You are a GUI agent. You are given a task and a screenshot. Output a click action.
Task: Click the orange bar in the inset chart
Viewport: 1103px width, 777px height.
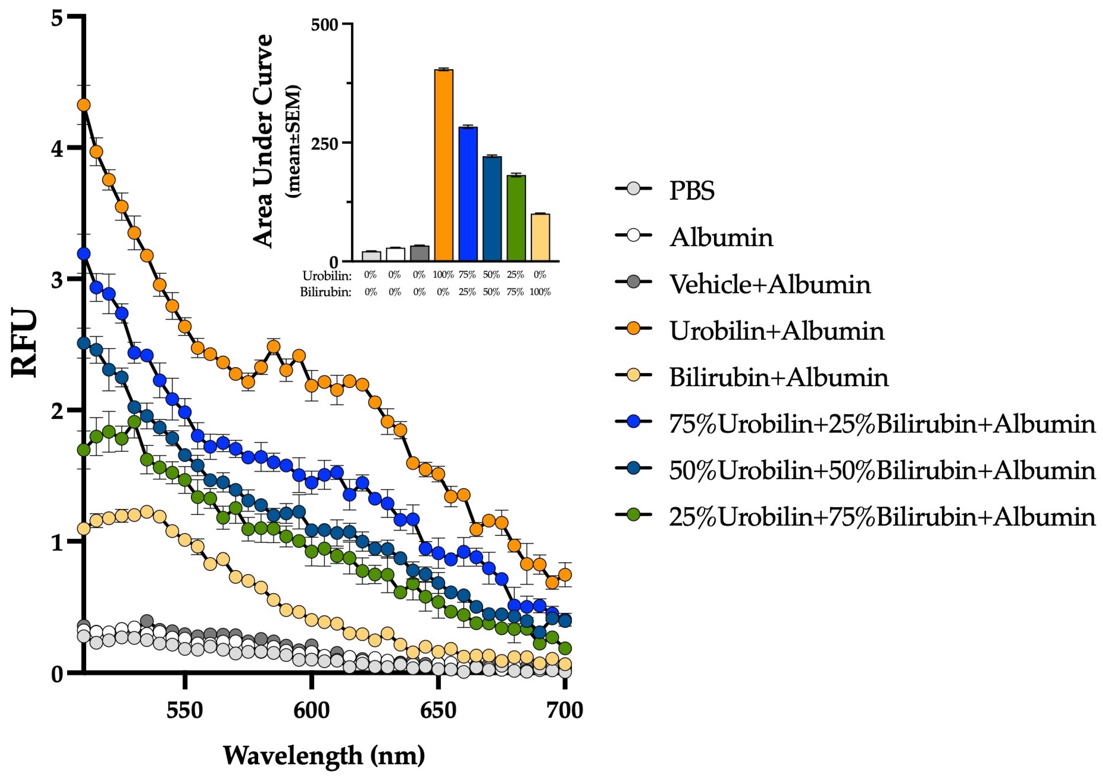tap(443, 166)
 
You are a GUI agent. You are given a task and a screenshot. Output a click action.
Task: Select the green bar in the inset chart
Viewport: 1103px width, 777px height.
tap(516, 219)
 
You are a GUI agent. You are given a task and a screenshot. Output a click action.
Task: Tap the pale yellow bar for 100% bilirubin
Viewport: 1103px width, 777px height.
tap(540, 238)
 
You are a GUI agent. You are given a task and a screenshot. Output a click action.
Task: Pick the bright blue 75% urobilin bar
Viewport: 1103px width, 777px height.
tap(467, 195)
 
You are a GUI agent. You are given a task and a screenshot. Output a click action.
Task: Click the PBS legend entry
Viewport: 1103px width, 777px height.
tap(692, 191)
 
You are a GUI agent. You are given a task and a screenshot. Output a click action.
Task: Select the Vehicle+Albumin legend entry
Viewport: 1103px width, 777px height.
tap(770, 284)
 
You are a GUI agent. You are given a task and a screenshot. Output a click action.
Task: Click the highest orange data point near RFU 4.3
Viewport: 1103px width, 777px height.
tap(84, 105)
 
